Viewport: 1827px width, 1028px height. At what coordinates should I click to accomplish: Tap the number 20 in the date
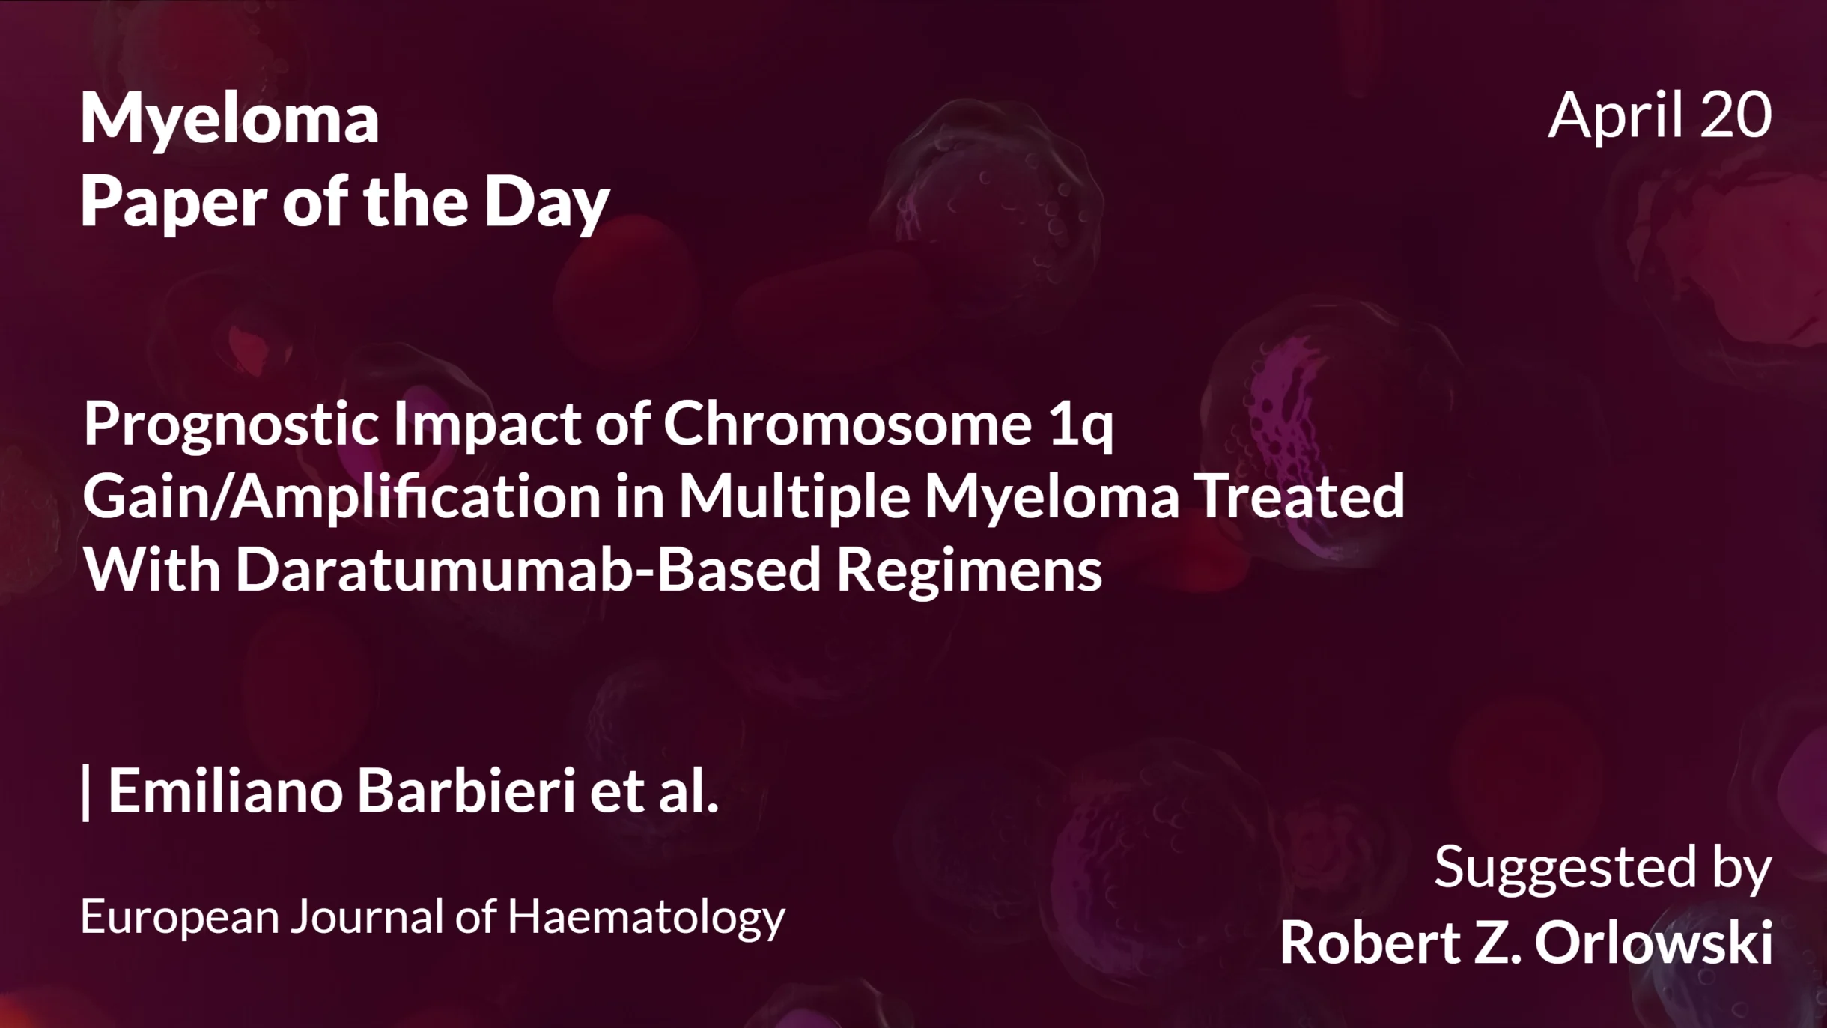click(x=1736, y=115)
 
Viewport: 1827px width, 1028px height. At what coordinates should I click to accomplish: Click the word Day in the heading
click(x=547, y=203)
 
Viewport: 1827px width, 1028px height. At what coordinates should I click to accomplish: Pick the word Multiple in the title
click(x=794, y=497)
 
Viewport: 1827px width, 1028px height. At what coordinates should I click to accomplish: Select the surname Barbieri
click(x=466, y=791)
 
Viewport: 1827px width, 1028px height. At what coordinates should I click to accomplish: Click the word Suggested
click(x=1565, y=869)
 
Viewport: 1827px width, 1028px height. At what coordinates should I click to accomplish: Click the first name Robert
click(x=1370, y=942)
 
